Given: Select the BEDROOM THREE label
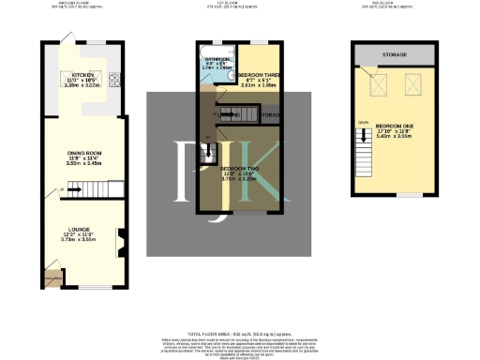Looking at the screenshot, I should (255, 74).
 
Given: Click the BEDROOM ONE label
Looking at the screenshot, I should (393, 125).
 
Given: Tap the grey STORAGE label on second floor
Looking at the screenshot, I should (394, 55).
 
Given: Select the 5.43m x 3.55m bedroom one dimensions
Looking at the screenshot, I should (394, 137).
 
